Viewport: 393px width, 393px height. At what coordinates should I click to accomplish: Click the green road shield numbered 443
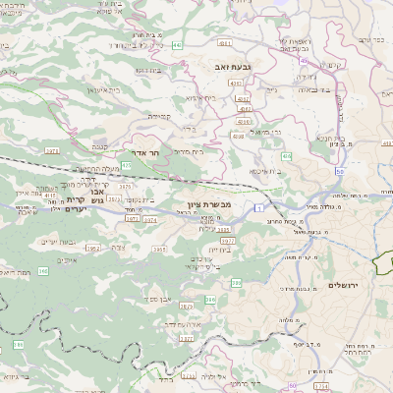point(176,45)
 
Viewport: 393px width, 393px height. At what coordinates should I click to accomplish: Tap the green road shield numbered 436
point(286,156)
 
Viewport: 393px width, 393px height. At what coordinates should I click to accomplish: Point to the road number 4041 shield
point(225,44)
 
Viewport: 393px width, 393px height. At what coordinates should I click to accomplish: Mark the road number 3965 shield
point(157,249)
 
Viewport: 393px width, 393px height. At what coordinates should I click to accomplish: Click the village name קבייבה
point(159,115)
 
